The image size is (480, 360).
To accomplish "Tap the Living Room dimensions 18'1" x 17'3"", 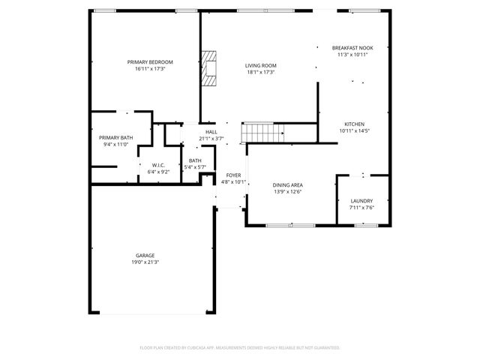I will (261, 73).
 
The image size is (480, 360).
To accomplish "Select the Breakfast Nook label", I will (352, 48).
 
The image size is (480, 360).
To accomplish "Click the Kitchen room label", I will (354, 124).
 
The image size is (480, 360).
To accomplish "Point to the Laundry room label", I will (361, 201).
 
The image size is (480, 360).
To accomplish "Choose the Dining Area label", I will (287, 184).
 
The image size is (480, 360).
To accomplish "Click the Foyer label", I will (233, 175).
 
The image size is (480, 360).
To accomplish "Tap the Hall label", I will (211, 132).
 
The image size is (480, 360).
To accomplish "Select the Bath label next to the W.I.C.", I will (195, 160).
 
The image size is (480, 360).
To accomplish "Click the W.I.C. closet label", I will (158, 165).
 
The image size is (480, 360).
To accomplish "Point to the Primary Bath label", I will (115, 137).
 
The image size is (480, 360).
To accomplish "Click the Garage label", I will (145, 255).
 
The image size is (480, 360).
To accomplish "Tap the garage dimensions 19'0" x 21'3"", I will (145, 262).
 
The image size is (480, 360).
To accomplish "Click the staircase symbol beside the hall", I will (262, 134).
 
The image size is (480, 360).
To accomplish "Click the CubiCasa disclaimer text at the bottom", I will (240, 348).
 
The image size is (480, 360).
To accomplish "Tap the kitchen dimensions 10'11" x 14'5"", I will (354, 131).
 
